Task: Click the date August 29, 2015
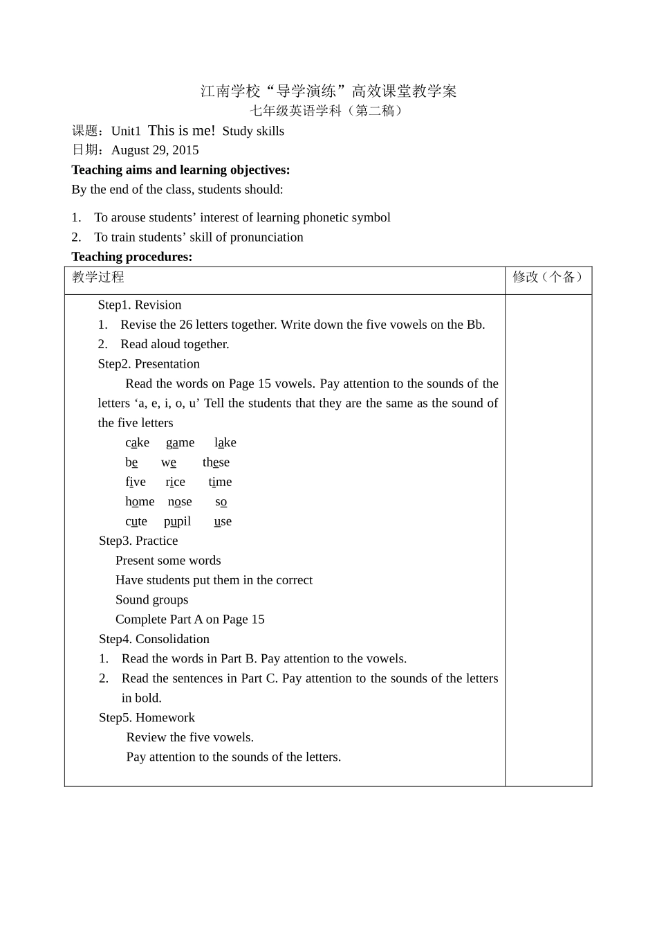155,150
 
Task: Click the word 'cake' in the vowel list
137,442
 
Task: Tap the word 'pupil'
177,521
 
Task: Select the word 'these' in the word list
216,462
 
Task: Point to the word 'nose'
180,502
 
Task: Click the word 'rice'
175,482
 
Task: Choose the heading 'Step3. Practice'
138,541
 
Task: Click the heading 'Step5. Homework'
147,718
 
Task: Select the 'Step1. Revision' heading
140,305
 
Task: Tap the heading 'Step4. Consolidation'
154,639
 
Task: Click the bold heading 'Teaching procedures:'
132,257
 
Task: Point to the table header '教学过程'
98,278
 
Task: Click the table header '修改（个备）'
548,278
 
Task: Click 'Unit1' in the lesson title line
126,132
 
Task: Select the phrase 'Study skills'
253,132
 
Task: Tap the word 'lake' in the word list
225,442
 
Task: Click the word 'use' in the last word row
223,521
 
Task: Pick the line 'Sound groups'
151,600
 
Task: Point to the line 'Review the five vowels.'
190,737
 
